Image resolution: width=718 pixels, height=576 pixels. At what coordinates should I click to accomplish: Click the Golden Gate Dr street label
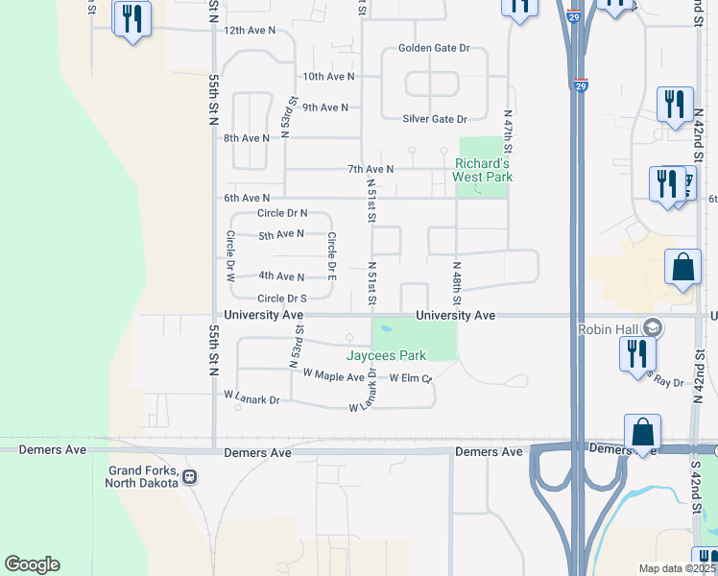click(x=434, y=48)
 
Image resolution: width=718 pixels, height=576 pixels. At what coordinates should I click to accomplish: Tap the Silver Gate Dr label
click(x=434, y=119)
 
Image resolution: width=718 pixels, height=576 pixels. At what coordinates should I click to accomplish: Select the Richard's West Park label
click(x=483, y=170)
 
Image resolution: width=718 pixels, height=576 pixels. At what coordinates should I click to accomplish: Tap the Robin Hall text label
click(x=609, y=329)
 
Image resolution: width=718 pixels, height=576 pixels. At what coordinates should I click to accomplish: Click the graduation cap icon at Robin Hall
click(x=653, y=328)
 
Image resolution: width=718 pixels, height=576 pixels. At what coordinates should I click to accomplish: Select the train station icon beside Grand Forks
click(x=190, y=476)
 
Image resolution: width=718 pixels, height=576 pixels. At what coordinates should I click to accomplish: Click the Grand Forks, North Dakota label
click(x=143, y=476)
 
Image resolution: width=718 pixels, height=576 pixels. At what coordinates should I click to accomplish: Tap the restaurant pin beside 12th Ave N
click(x=132, y=19)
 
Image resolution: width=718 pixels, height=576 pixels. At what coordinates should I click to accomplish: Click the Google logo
click(x=32, y=564)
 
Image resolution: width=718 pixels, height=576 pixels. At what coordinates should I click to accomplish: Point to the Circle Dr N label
click(x=282, y=213)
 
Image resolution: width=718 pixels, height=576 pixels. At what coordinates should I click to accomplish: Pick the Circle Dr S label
click(x=282, y=299)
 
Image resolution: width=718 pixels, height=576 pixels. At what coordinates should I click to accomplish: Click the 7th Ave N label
click(x=371, y=170)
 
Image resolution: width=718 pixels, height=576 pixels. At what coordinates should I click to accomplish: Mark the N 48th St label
click(x=458, y=284)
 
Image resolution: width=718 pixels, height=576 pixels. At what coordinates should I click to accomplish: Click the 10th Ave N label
click(x=328, y=76)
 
